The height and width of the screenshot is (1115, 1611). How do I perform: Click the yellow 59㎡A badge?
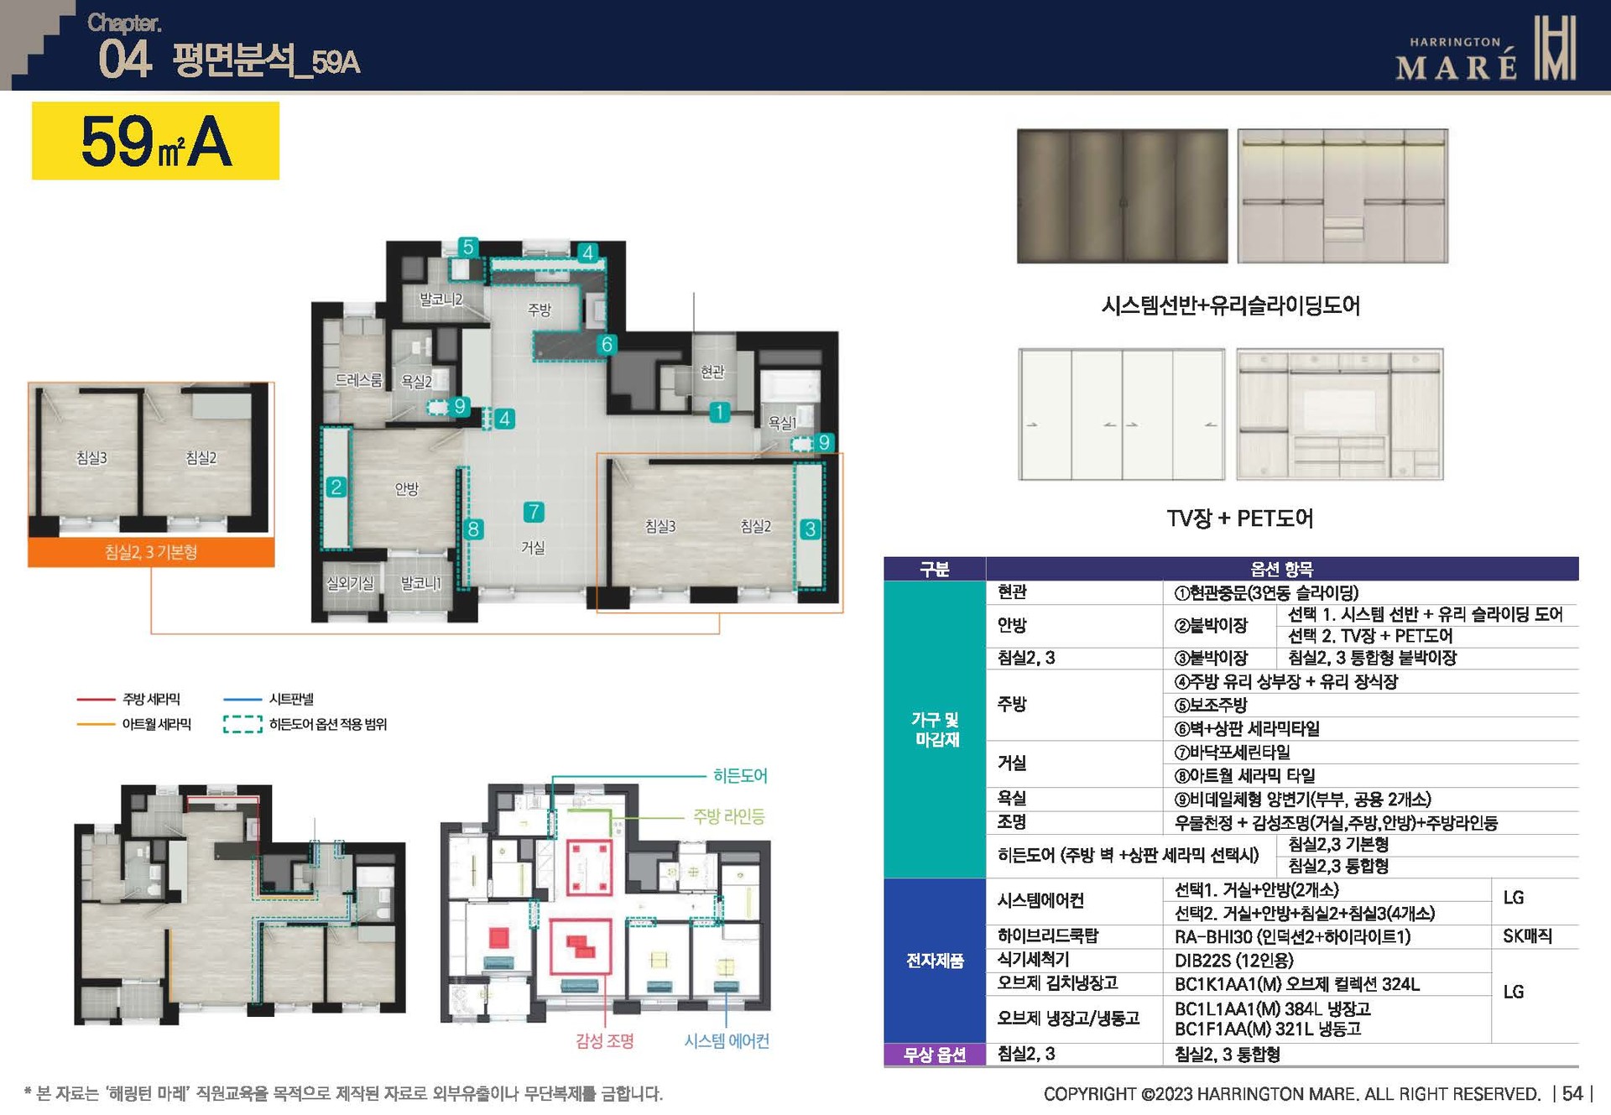pyautogui.click(x=155, y=141)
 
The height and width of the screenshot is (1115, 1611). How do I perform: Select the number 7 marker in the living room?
pyautogui.click(x=534, y=512)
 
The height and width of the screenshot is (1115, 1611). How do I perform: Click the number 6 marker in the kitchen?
pyautogui.click(x=607, y=345)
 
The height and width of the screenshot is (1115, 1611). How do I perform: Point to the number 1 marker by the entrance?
pyautogui.click(x=719, y=412)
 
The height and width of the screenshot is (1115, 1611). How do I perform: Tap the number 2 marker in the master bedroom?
pyautogui.click(x=336, y=487)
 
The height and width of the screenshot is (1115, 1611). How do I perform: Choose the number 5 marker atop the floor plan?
pyautogui.click(x=468, y=247)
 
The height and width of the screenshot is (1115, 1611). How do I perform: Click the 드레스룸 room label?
pyautogui.click(x=358, y=380)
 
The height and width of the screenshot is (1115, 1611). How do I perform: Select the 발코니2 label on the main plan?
pyautogui.click(x=441, y=300)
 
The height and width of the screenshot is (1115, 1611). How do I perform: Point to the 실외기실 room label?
pyautogui.click(x=350, y=583)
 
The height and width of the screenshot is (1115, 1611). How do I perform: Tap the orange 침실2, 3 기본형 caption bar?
pyautogui.click(x=151, y=552)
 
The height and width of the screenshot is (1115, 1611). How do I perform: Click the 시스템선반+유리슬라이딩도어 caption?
pyautogui.click(x=1231, y=305)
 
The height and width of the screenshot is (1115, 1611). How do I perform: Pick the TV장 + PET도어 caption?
pyautogui.click(x=1240, y=518)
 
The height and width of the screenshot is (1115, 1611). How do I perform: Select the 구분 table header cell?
pyautogui.click(x=934, y=569)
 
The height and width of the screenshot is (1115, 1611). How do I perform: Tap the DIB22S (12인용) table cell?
pyautogui.click(x=1233, y=960)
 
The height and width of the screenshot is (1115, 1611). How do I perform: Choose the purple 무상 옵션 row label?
pyautogui.click(x=934, y=1055)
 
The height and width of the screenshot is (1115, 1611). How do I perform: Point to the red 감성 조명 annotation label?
pyautogui.click(x=604, y=1041)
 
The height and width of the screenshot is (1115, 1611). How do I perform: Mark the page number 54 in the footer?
pyautogui.click(x=1572, y=1093)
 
